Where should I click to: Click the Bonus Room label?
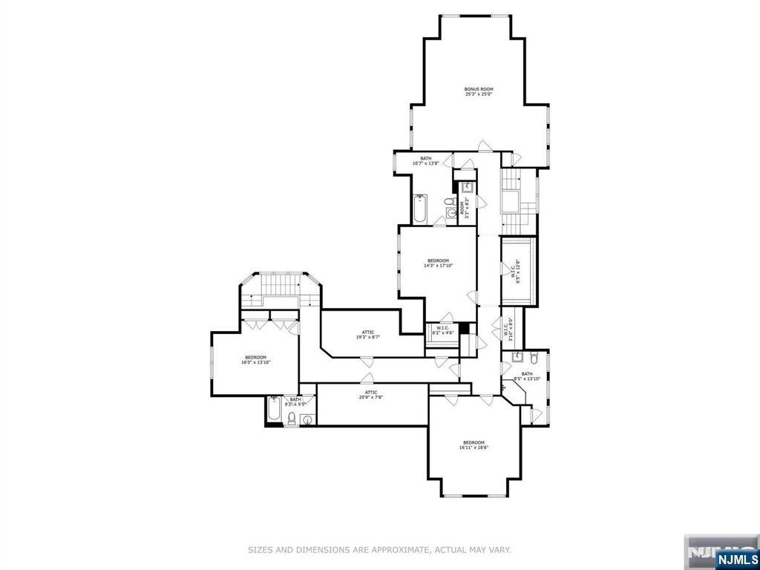[x=479, y=89]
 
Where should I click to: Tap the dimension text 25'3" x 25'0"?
[x=479, y=94]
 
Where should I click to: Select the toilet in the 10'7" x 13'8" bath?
[x=450, y=202]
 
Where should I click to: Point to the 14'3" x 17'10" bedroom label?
[x=438, y=263]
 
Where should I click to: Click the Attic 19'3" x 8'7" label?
[x=368, y=335]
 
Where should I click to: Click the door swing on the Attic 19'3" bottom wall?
[x=365, y=361]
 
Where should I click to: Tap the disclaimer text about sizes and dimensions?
[x=379, y=550]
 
